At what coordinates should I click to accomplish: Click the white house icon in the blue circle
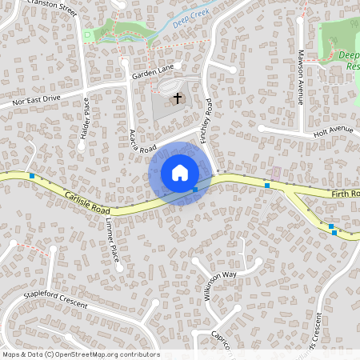180,173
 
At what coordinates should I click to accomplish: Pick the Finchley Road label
206,121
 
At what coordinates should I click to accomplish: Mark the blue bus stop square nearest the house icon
195,190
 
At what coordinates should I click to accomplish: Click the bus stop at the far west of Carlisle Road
32,175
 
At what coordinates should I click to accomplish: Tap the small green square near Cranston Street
86,35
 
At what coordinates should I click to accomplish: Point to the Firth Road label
345,194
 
